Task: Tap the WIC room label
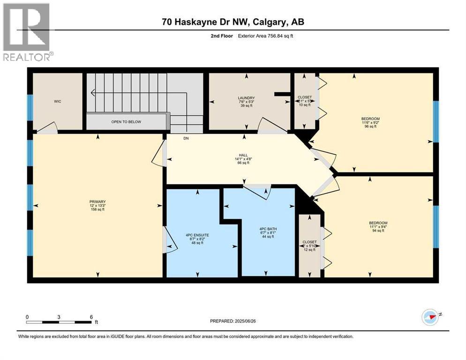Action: coord(58,101)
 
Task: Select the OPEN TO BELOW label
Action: coord(126,122)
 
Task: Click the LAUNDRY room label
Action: coord(246,98)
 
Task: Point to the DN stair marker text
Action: coord(186,138)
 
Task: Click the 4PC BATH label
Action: coord(266,229)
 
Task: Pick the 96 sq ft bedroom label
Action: coord(371,119)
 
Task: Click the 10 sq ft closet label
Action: coord(305,97)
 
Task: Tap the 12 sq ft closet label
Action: coord(309,242)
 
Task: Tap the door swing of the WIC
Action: coord(48,127)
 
